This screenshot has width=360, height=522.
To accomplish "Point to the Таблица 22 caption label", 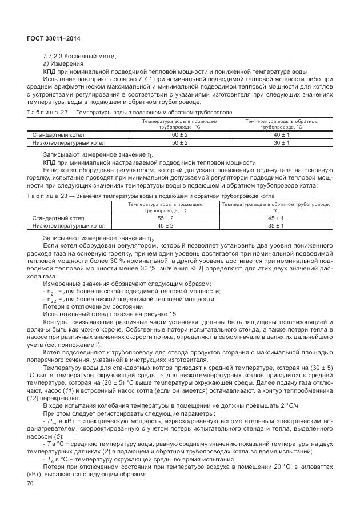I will click(43, 113).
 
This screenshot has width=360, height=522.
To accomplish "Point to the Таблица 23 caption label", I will click(43, 195).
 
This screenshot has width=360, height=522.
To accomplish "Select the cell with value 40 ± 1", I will click(281, 134).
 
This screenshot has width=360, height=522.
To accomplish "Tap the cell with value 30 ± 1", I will click(281, 142).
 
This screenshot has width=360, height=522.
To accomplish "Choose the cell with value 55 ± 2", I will click(165, 218).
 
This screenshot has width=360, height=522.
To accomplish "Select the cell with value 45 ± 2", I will click(165, 226).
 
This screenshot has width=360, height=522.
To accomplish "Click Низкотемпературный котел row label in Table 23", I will click(65, 226).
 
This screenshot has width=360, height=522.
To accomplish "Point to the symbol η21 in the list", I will click(52, 292).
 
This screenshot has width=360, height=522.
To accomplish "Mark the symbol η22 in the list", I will click(52, 299).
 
